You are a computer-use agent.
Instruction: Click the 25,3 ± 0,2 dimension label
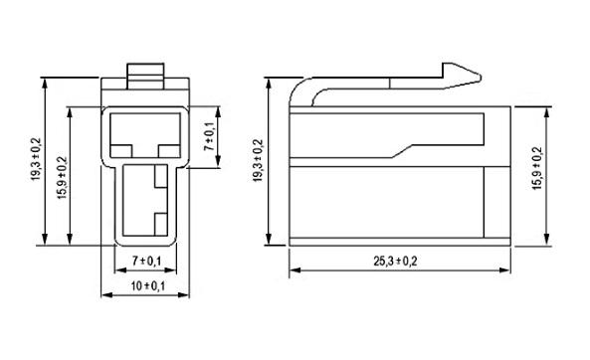[x=395, y=261]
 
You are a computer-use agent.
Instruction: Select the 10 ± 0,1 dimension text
[x=147, y=285]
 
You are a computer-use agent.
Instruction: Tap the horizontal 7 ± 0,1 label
[x=146, y=261]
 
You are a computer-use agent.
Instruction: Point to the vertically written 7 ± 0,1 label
[x=209, y=136]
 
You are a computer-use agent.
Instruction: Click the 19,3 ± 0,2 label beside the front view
[x=36, y=159]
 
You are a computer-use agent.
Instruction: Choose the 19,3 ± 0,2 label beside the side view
[x=258, y=161]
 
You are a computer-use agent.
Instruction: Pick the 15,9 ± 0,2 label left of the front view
[x=63, y=178]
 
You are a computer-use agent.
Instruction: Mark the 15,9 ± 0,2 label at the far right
[x=537, y=168]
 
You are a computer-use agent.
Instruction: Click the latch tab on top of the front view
[x=145, y=76]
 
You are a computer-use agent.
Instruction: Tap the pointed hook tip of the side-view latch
[x=480, y=77]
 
